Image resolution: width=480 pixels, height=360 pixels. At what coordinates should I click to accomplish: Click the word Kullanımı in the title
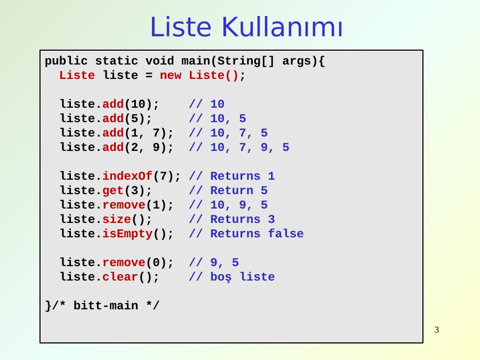coord(282,27)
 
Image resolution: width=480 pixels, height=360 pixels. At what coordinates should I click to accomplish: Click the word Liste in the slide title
coord(181,27)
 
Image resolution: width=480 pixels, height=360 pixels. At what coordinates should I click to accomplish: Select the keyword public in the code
coord(66,61)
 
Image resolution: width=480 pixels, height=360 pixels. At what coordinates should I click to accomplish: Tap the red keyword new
coord(171,75)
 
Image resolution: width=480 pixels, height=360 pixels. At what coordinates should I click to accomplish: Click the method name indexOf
coord(127,175)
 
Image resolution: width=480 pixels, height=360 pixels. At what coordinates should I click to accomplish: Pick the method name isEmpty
coord(127,234)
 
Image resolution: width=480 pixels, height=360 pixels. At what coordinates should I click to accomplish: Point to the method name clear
coord(120,277)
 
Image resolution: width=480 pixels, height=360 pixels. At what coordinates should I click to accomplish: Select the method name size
coord(116,219)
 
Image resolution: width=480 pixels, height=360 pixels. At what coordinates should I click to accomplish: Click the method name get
coord(113,191)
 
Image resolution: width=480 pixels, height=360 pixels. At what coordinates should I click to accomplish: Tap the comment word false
coord(286,233)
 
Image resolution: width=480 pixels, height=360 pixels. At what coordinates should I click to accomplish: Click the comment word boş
coord(221,277)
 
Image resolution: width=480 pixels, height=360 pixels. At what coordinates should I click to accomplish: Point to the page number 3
coord(436,330)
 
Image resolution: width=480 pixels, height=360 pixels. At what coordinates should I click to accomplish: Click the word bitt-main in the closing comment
coord(106,306)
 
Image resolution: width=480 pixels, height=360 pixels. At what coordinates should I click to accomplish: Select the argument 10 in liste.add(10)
coord(138,104)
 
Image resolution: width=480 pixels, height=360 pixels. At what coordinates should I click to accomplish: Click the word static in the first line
coord(116,61)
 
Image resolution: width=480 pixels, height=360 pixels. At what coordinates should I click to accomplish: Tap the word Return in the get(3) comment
coord(232,190)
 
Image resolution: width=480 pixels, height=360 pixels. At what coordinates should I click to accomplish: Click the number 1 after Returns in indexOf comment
coord(271,175)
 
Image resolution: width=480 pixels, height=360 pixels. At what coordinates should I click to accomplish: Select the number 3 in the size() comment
coord(271,219)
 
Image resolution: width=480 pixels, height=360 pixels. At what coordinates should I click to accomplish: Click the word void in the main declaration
coord(159,61)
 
